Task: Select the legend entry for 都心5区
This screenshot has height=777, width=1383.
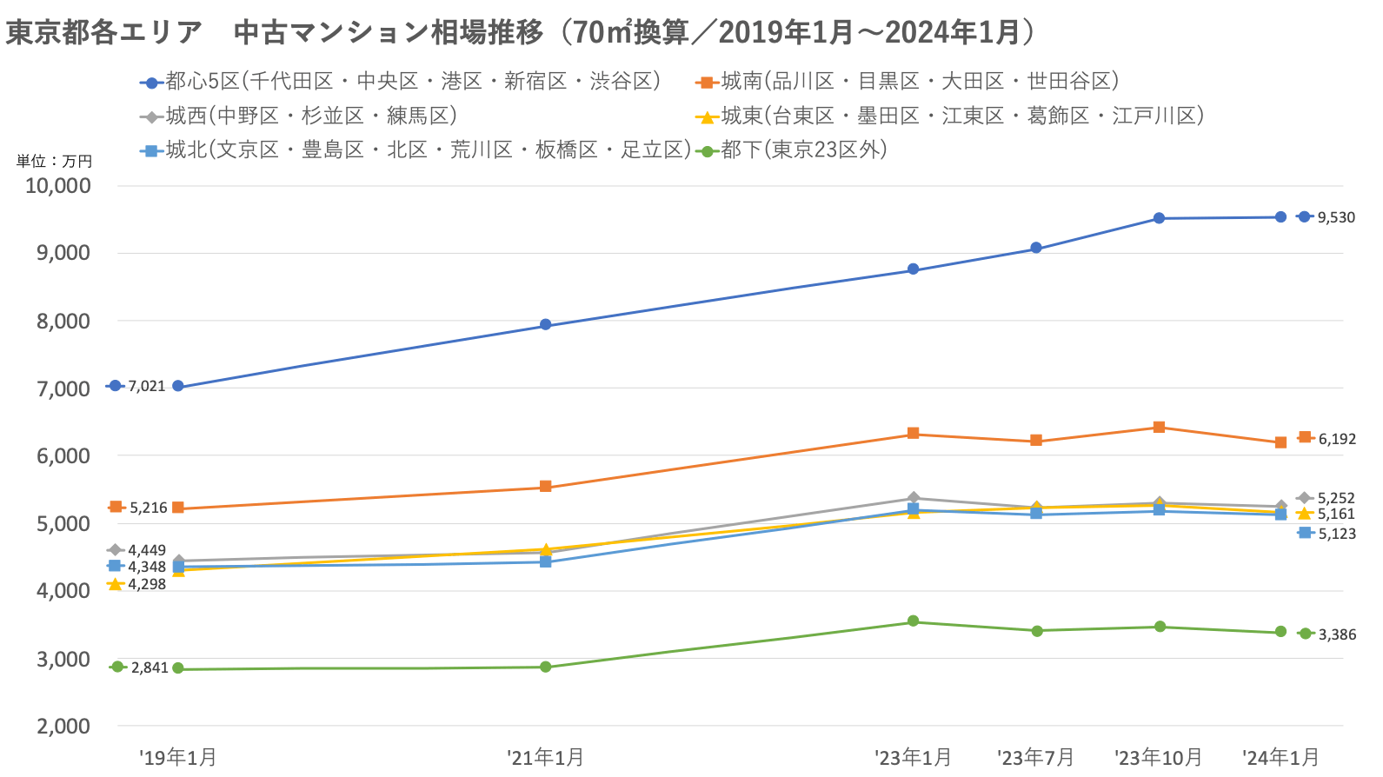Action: point(400,82)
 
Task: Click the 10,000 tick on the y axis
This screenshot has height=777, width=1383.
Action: point(58,185)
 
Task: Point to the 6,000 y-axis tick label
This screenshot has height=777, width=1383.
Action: point(63,455)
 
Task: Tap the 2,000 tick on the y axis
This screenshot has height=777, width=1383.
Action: point(63,726)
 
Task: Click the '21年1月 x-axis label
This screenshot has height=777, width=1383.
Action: point(545,758)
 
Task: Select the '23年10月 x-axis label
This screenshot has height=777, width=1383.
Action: point(1159,758)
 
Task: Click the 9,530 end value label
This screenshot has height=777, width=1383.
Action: point(1336,217)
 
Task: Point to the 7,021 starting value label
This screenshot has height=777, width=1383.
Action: point(146,386)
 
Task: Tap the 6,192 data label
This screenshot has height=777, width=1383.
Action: point(1337,439)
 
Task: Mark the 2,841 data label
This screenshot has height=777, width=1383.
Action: point(150,667)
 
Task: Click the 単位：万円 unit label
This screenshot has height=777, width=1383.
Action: point(54,161)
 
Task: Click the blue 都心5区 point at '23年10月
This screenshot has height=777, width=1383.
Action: point(1159,218)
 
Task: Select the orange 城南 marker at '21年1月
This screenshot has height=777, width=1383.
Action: point(545,487)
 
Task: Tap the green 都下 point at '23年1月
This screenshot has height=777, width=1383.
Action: point(913,621)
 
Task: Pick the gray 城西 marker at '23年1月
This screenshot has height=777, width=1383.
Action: point(913,498)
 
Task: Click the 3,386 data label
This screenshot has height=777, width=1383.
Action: point(1337,634)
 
